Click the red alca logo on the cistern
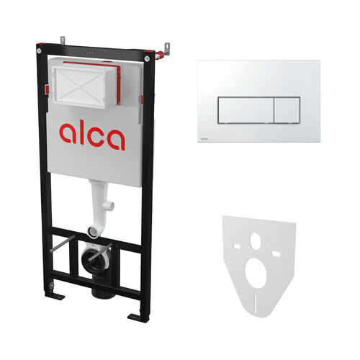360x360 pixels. [x=92, y=135]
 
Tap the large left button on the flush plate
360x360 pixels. [x=246, y=110]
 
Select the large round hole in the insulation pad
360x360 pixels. [x=256, y=273]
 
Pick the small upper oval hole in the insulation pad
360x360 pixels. [x=256, y=240]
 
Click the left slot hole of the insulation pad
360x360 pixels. [x=237, y=246]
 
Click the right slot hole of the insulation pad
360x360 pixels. [x=275, y=253]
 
